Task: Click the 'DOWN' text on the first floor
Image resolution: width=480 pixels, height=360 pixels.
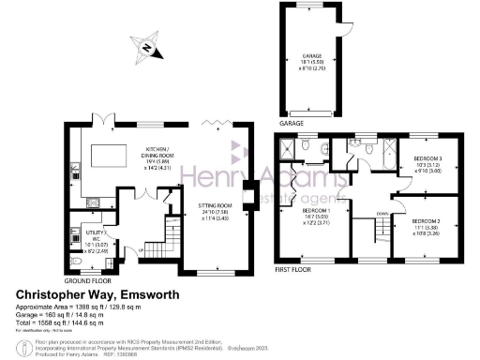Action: click(x=382, y=214)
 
